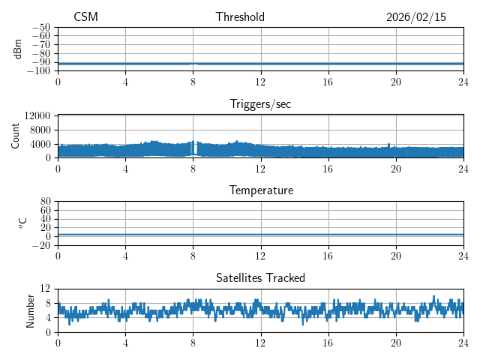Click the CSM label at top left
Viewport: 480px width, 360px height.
point(85,17)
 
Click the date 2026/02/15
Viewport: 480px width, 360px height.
point(415,17)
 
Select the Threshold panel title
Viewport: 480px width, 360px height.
point(240,17)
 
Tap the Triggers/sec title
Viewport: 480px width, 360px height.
point(260,104)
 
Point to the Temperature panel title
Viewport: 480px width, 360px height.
point(260,190)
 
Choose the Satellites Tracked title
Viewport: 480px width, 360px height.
point(260,277)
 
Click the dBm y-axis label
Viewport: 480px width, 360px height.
point(19,49)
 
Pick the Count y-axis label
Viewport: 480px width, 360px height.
point(16,136)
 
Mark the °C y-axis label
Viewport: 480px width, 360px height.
point(22,223)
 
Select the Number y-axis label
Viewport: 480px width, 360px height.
point(31,310)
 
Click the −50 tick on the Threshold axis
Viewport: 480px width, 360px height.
point(40,27)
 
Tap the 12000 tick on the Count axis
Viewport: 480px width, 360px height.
point(37,116)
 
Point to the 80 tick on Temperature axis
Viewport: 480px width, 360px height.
point(46,202)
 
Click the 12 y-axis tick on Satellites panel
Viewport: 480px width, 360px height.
point(46,289)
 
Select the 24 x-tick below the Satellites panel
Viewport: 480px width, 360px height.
point(463,341)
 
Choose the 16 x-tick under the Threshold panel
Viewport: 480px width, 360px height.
point(328,81)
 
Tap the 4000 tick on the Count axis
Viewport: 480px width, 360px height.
point(40,144)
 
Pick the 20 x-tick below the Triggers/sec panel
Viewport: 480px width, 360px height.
point(396,168)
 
